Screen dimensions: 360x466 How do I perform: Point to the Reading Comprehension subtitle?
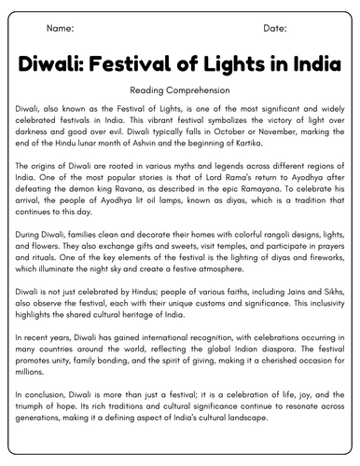point(180,92)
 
